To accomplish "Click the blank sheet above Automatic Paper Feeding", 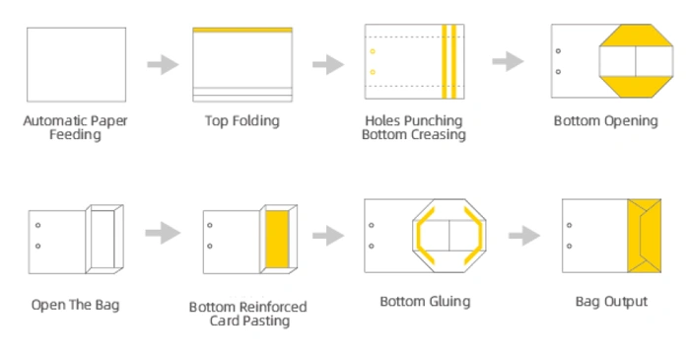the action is (x=76, y=65).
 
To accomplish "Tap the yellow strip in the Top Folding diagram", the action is (x=242, y=30).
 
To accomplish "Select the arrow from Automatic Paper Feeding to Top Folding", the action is (x=163, y=65).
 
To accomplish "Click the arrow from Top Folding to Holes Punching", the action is (x=328, y=65).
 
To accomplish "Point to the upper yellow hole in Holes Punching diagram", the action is (x=373, y=51).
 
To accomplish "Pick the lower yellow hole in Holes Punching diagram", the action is (x=373, y=72).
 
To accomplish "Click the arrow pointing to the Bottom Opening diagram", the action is (x=508, y=61).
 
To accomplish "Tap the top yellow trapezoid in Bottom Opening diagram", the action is (x=636, y=36).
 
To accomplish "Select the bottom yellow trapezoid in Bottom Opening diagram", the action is (x=636, y=87).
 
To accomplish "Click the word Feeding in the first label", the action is (x=75, y=134).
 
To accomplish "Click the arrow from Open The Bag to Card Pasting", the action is (x=163, y=233).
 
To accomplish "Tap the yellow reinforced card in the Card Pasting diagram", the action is (x=277, y=239).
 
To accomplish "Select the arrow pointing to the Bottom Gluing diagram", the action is (x=328, y=236).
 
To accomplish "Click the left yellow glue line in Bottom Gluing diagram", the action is (x=423, y=236).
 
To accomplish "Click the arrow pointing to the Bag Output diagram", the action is (x=524, y=236).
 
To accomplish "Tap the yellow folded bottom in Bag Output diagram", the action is (x=645, y=236).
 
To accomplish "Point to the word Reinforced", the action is (x=269, y=307).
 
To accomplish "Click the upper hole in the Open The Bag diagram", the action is (x=37, y=225).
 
